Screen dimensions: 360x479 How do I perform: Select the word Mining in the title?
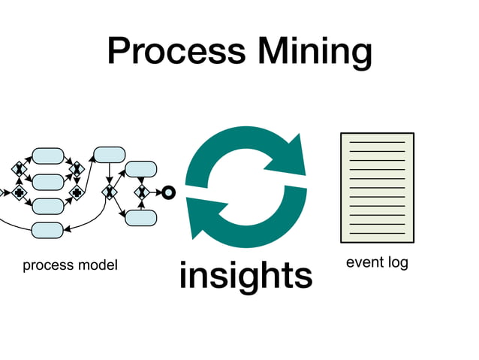(315, 52)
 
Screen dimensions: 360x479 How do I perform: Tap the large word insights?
(246, 276)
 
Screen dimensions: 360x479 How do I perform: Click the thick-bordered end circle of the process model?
(168, 192)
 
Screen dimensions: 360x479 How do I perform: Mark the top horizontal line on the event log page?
(377, 142)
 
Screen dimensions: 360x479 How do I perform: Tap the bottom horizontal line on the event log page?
(377, 232)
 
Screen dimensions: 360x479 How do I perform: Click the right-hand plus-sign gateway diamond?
(76, 193)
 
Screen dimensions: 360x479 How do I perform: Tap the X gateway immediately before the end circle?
(141, 192)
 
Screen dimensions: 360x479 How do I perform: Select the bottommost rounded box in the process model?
(48, 230)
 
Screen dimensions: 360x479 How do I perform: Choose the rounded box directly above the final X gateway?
(140, 168)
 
